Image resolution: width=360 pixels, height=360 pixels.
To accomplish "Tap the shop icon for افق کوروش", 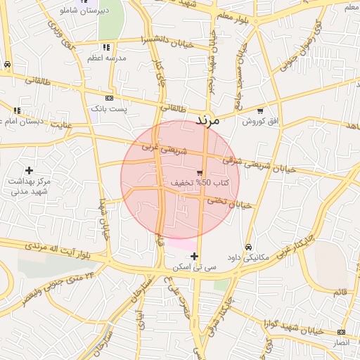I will pyautogui.click(x=260, y=110).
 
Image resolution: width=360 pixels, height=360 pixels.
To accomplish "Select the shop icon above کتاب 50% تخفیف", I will pyautogui.click(x=200, y=172).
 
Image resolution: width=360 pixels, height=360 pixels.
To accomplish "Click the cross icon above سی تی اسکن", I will pyautogui.click(x=195, y=256).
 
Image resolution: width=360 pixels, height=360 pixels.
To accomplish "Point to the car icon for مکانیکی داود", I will pyautogui.click(x=249, y=247).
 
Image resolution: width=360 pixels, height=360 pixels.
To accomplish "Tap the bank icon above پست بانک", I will pyautogui.click(x=109, y=98).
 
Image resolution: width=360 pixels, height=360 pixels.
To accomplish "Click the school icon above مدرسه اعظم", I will pyautogui.click(x=106, y=47).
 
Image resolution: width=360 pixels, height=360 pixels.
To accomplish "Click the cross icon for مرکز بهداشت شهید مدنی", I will pyautogui.click(x=29, y=170).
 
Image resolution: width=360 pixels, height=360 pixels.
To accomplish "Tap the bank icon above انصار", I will pyautogui.click(x=341, y=332).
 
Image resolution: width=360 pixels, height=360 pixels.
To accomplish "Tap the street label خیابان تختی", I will pyautogui.click(x=229, y=203).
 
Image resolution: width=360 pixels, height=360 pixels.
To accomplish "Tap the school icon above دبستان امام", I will pyautogui.click(x=17, y=110).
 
